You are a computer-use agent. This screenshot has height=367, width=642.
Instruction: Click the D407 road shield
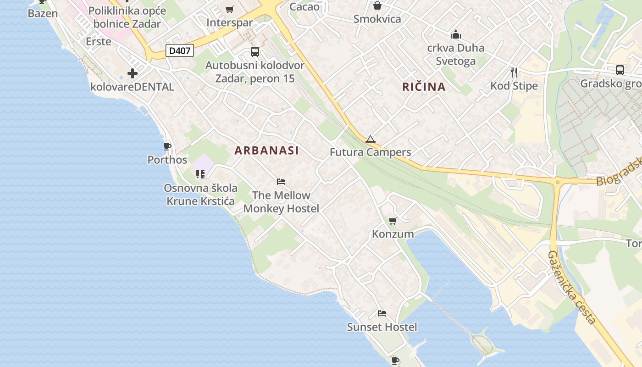pyautogui.click(x=179, y=50)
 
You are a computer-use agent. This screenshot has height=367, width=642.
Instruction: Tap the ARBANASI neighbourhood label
pyautogui.click(x=266, y=150)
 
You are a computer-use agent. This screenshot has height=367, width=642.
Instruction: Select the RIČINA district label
pyautogui.click(x=424, y=87)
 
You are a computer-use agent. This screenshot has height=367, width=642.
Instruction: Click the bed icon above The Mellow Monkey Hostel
pyautogui.click(x=281, y=182)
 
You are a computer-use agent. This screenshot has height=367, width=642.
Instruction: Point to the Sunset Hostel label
pyautogui.click(x=382, y=327)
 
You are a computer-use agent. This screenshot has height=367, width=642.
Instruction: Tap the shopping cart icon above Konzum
pyautogui.click(x=393, y=221)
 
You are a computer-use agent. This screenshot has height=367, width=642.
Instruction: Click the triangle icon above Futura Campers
pyautogui.click(x=370, y=139)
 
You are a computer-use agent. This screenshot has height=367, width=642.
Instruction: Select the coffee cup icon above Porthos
pyautogui.click(x=167, y=147)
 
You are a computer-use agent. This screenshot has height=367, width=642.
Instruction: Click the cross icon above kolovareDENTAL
pyautogui.click(x=133, y=73)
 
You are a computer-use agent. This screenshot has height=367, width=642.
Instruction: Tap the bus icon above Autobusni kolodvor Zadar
pyautogui.click(x=255, y=52)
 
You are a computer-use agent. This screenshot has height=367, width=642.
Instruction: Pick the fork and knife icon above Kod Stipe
pyautogui.click(x=514, y=72)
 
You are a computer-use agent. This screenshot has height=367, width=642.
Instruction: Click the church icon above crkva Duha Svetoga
pyautogui.click(x=455, y=34)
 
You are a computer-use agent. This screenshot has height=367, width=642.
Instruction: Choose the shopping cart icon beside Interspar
pyautogui.click(x=230, y=10)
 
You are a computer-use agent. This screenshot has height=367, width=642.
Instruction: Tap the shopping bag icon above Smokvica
pyautogui.click(x=377, y=6)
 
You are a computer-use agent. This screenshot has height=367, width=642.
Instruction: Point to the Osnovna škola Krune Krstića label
pyautogui.click(x=200, y=195)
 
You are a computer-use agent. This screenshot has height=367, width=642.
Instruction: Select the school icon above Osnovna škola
pyautogui.click(x=200, y=174)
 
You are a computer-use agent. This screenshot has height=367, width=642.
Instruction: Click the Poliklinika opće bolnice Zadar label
pyautogui.click(x=127, y=17)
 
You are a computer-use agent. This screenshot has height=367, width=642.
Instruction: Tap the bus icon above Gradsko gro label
pyautogui.click(x=620, y=70)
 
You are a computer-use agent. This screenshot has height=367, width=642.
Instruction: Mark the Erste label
pyautogui.click(x=99, y=41)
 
